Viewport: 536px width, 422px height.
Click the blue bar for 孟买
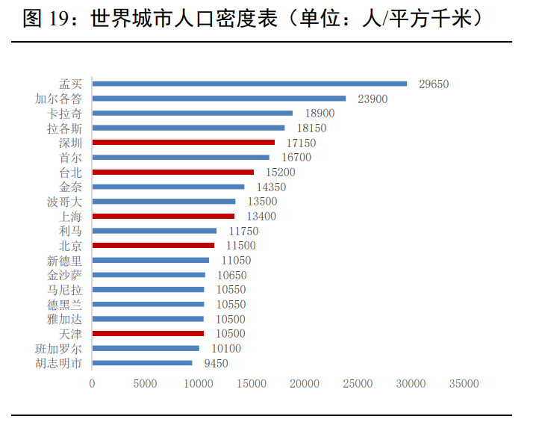[249, 84]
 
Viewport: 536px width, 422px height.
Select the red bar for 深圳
[184, 142]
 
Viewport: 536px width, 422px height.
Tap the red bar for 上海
[163, 216]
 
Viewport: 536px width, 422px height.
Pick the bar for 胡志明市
[143, 363]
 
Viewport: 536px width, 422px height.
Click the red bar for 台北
[173, 172]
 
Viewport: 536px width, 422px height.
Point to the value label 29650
[434, 84]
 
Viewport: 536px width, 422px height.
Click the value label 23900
[373, 99]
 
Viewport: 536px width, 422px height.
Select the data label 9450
[216, 364]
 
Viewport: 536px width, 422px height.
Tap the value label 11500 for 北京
[240, 246]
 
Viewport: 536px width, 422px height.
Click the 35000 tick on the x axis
[464, 384]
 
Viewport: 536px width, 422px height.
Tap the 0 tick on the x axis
[92, 384]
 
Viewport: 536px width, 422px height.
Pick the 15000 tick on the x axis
[252, 384]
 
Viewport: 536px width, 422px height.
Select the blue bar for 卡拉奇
[193, 114]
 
